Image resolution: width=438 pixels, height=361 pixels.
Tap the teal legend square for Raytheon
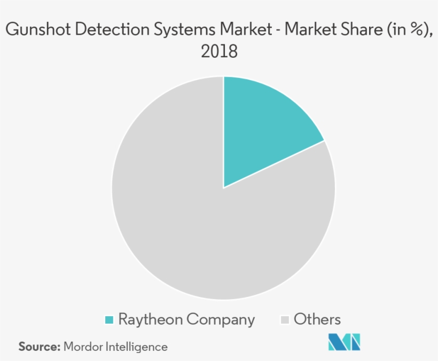coord(109,320)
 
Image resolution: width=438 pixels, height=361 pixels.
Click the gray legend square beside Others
coord(285,320)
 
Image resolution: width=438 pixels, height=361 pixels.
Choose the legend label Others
coord(317,319)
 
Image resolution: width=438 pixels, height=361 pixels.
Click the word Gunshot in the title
coord(37,30)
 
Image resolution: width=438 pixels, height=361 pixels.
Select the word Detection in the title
coord(114,30)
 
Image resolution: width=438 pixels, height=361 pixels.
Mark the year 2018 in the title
coord(219,52)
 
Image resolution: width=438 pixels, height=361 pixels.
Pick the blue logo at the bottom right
coord(345,342)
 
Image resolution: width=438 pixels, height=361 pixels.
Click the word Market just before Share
coord(312,30)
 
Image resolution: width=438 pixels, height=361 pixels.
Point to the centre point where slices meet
coord(223,188)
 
